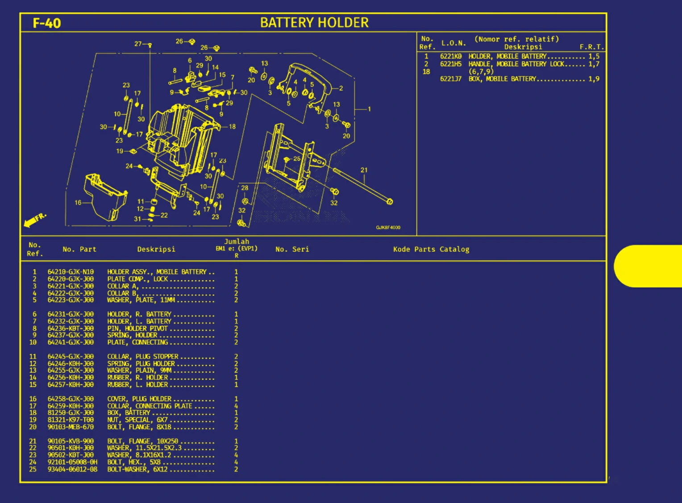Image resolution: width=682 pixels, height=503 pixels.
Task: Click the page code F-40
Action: (x=47, y=23)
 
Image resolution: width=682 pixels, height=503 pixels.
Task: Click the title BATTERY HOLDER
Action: (x=314, y=23)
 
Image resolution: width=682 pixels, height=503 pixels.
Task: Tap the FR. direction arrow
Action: (x=35, y=220)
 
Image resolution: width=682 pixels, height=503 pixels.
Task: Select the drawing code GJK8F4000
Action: (x=388, y=228)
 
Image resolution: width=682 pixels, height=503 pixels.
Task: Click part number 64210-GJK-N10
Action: (x=71, y=272)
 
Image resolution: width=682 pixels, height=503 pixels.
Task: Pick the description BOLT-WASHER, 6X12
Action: (x=137, y=470)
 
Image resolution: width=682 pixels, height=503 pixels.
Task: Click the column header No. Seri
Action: (x=292, y=249)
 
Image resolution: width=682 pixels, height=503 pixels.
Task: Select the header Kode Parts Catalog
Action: (x=431, y=249)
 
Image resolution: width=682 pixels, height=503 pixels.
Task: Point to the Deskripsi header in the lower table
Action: (x=156, y=249)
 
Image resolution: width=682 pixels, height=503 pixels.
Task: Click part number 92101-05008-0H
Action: (x=72, y=462)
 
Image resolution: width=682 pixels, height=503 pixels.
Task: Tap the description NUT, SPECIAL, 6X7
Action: (x=137, y=420)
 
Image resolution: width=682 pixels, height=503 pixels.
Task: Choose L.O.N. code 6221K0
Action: (x=451, y=56)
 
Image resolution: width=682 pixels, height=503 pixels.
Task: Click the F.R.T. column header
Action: (x=591, y=47)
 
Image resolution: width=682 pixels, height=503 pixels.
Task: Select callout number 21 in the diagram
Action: (x=364, y=170)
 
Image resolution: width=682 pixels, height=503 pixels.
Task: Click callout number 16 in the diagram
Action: (x=78, y=203)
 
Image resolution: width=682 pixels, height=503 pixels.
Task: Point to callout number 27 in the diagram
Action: (x=138, y=44)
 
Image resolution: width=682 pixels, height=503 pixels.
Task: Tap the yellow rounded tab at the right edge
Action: (x=648, y=266)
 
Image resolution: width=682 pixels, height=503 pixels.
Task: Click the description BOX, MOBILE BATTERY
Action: (x=502, y=79)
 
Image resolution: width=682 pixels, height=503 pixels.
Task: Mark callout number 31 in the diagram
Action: (x=137, y=219)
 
